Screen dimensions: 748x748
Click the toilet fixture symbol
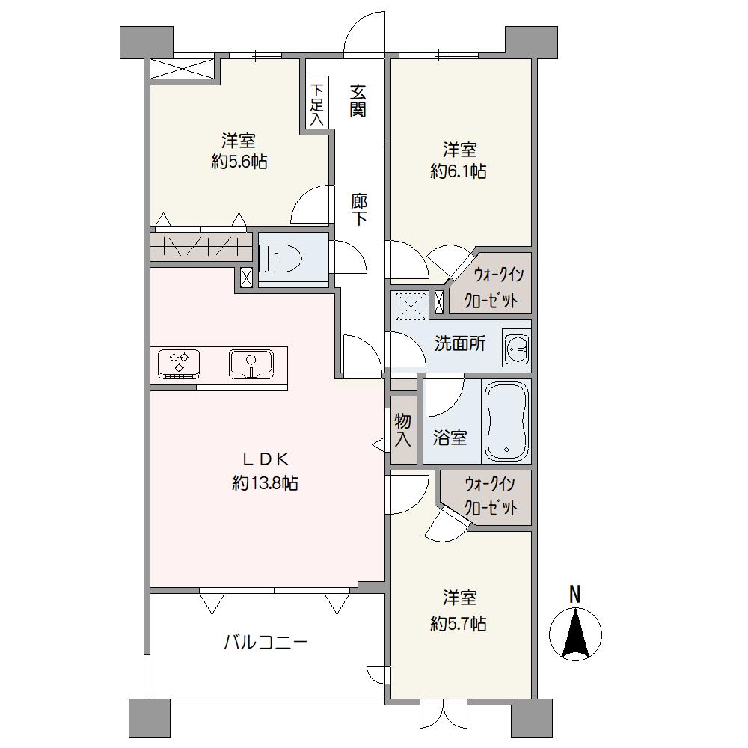[x=280, y=258]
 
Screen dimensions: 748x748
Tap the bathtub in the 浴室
[x=506, y=422]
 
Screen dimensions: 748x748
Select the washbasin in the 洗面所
[x=515, y=349]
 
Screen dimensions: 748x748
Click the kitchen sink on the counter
[x=251, y=364]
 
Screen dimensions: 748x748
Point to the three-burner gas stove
[x=179, y=364]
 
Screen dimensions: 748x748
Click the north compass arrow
[x=575, y=633]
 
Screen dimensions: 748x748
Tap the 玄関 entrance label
[x=358, y=101]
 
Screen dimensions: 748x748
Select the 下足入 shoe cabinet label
[x=316, y=105]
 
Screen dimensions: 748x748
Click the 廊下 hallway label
[x=359, y=209]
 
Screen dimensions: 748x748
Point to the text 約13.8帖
[x=266, y=484]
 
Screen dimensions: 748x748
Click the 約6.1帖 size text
[x=459, y=171]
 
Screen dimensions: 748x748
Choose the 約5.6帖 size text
[x=239, y=162]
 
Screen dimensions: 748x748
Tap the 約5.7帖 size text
[x=459, y=623]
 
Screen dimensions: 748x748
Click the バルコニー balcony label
[x=266, y=643]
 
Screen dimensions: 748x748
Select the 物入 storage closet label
[x=403, y=430]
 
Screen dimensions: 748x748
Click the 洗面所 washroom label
[x=460, y=343]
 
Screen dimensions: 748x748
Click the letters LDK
[x=266, y=459]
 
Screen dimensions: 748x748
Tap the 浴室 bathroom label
[x=450, y=438]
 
